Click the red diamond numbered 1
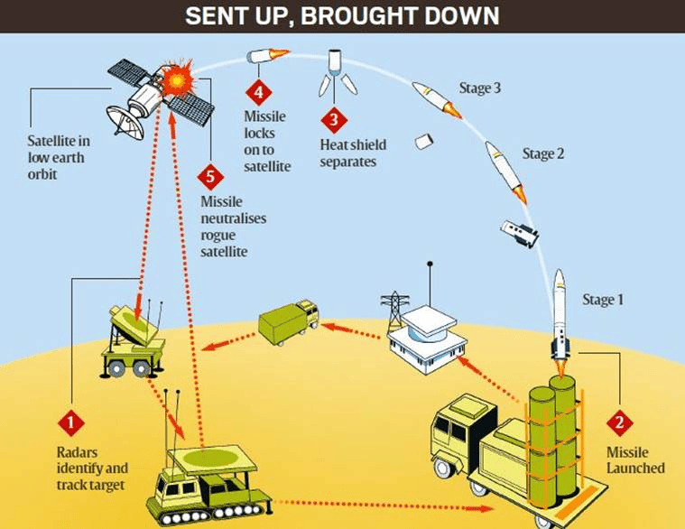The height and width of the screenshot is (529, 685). (70, 422)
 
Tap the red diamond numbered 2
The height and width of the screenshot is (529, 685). (619, 422)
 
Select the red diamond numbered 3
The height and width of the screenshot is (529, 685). (334, 120)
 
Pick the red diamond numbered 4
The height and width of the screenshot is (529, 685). (259, 92)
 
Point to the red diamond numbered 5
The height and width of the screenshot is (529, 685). (210, 177)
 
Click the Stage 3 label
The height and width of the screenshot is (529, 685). (479, 88)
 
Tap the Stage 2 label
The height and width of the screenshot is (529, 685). (543, 153)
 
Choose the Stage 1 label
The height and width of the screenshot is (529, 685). (603, 300)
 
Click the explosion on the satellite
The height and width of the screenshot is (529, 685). (178, 80)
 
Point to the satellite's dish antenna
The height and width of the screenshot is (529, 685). (125, 121)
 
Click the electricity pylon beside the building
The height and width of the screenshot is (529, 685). (395, 310)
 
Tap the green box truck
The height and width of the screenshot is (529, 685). (288, 321)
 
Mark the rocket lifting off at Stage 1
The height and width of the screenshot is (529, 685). (560, 319)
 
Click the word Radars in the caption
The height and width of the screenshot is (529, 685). (77, 452)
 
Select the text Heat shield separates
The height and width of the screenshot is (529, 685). (353, 153)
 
